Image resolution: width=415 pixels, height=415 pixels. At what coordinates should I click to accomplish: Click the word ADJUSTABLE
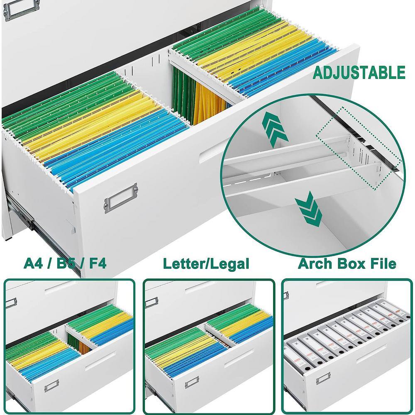[359, 73]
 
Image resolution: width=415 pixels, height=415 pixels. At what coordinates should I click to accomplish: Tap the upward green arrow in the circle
[275, 129]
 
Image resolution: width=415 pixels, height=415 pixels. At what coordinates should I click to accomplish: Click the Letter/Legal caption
[206, 264]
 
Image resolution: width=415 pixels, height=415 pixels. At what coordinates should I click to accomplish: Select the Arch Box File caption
[347, 264]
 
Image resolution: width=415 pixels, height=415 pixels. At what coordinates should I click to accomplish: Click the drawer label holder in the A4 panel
[51, 386]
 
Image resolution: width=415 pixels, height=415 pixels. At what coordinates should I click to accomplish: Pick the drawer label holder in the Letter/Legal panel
[192, 383]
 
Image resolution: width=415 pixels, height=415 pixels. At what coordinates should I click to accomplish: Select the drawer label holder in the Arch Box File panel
[323, 378]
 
